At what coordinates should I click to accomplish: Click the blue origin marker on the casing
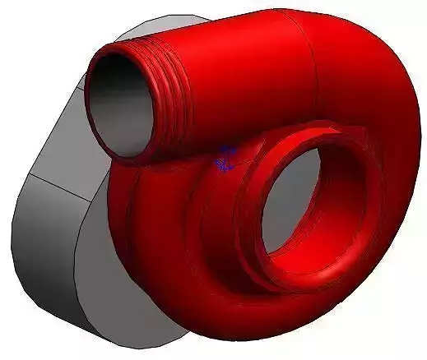pos(225,159)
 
